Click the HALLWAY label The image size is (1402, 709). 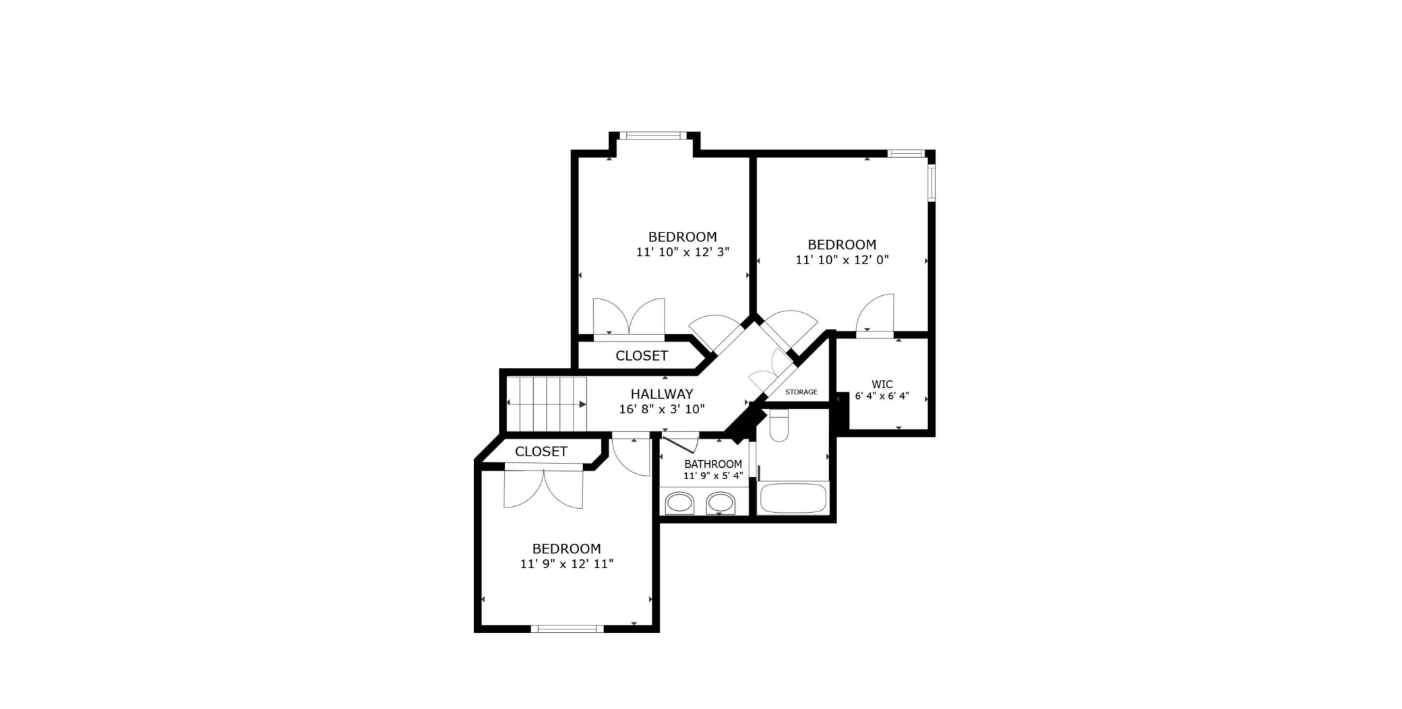coord(661,394)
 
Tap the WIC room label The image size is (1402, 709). coord(882,385)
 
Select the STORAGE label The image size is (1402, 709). coord(801,392)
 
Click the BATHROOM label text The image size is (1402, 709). coord(713,464)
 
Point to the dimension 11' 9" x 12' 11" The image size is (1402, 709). coord(567,564)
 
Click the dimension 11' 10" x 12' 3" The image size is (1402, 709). coord(683,252)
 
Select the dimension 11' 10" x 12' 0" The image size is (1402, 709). coord(842,260)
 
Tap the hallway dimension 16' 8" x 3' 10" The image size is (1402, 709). coord(662,409)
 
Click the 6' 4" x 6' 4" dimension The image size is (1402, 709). coord(882,396)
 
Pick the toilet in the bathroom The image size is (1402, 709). coord(779,426)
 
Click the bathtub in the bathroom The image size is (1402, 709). coord(793,498)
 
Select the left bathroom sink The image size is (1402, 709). coord(679,503)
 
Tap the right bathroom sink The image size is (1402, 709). coord(721,503)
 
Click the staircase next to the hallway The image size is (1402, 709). coord(546,404)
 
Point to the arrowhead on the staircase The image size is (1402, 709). coord(582,404)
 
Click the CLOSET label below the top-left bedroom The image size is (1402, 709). coord(642,356)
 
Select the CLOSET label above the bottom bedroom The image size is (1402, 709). coord(541,452)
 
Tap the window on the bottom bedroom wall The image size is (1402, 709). coord(567,629)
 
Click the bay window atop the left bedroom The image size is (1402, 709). coord(653,135)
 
